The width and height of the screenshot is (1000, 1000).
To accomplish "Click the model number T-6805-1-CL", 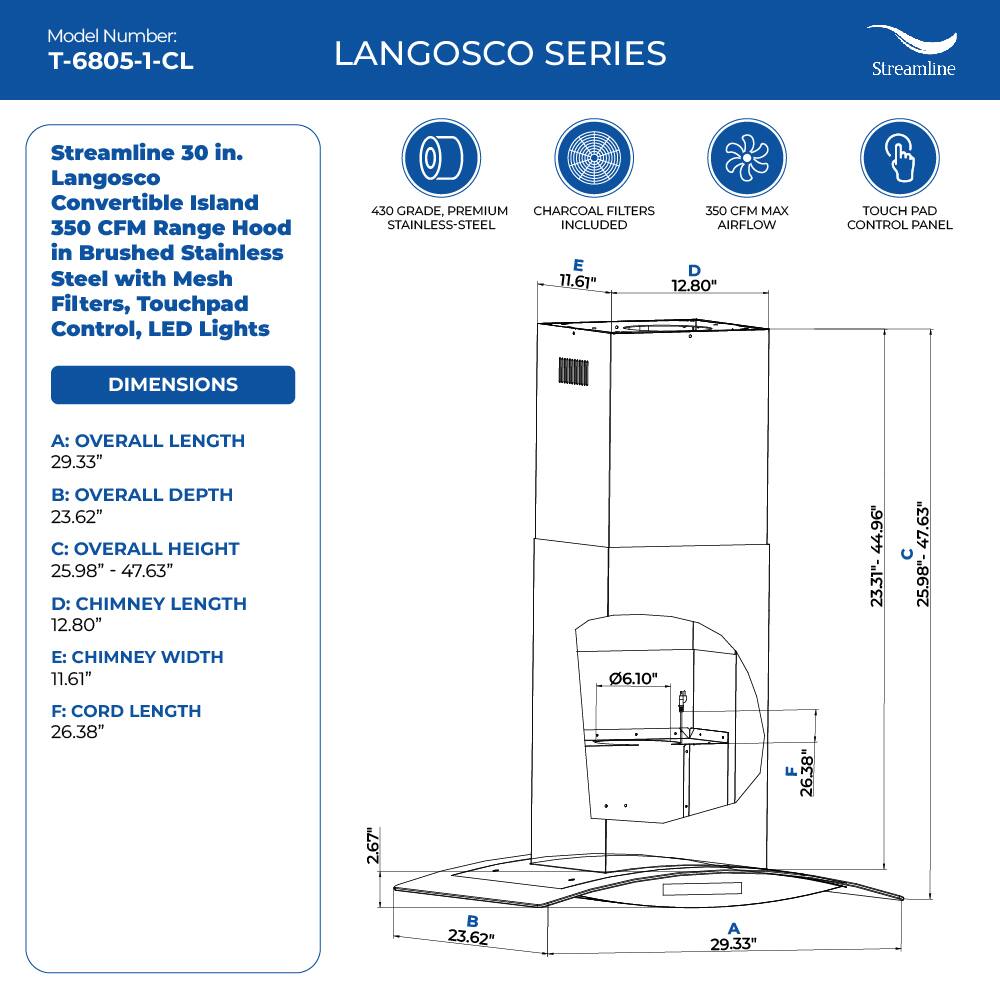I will click(121, 61).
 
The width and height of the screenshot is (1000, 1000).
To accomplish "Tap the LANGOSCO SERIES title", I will click(500, 53).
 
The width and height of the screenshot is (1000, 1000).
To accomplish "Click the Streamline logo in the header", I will click(911, 52).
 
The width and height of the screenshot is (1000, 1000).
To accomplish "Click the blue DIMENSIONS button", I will click(173, 385).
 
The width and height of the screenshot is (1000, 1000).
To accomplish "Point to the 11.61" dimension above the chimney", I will click(577, 282).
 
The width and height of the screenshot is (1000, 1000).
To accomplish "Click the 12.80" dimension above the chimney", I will click(694, 285).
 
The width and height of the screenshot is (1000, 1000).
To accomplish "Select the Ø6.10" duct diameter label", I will click(633, 678).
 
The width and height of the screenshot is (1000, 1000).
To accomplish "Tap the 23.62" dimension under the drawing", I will click(471, 937).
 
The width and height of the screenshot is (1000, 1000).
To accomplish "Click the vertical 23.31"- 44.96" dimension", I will click(877, 555).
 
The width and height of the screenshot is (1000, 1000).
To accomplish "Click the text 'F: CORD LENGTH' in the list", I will click(126, 711).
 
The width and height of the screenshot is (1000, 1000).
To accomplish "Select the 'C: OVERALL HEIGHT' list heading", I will click(145, 548).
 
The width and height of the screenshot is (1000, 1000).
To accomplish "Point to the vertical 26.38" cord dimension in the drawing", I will click(806, 772).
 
